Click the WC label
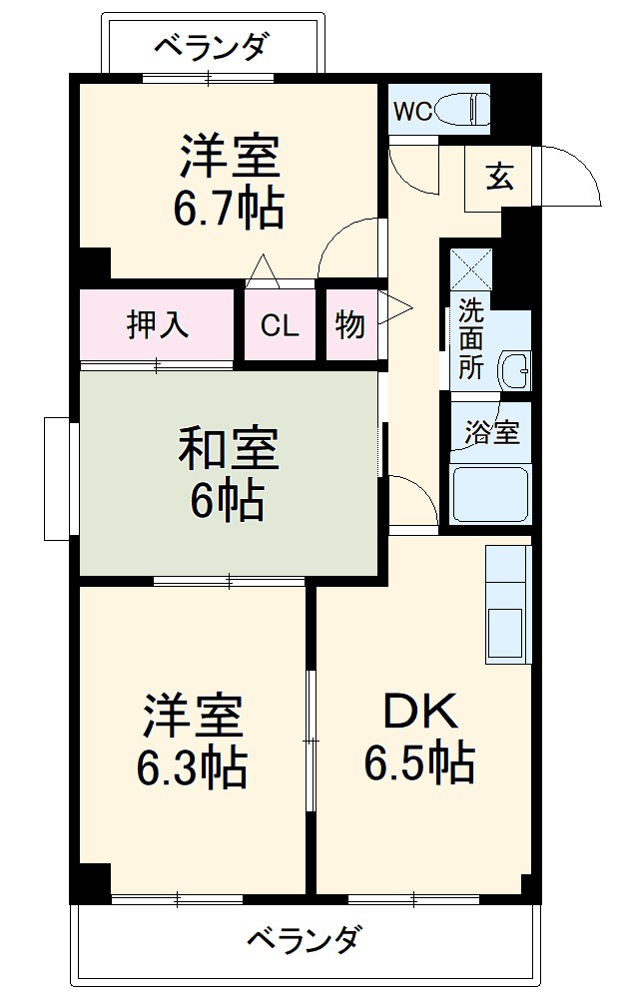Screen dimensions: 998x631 tap(411, 111)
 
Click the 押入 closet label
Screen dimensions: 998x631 tap(158, 325)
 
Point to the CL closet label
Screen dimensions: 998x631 tap(280, 326)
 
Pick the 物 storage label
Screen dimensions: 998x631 tap(349, 325)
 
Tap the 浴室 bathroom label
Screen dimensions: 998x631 tap(491, 433)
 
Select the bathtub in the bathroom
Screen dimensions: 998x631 tap(490, 493)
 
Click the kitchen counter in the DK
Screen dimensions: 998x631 tap(508, 604)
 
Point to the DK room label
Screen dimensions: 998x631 tap(419, 713)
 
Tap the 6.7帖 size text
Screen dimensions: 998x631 tap(229, 209)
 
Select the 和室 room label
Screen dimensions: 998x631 tap(229, 449)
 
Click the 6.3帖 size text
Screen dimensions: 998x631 tap(192, 766)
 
